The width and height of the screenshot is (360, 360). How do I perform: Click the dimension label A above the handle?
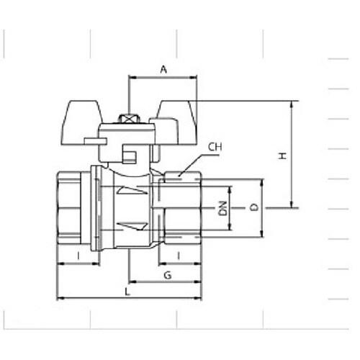tap(163, 70)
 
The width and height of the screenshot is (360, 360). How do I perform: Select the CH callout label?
tap(215, 147)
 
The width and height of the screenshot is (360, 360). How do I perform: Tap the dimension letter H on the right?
tap(282, 156)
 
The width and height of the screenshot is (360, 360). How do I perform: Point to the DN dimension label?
tap(224, 208)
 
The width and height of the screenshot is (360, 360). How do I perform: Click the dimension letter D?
tap(253, 207)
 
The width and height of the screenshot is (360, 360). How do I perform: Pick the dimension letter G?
tap(168, 275)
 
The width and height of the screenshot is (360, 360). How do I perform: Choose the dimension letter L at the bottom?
tap(127, 292)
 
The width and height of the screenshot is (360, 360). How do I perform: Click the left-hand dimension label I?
tap(78, 256)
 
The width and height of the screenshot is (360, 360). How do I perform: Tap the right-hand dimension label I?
tap(179, 256)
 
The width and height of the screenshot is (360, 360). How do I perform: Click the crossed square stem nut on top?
tap(129, 119)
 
